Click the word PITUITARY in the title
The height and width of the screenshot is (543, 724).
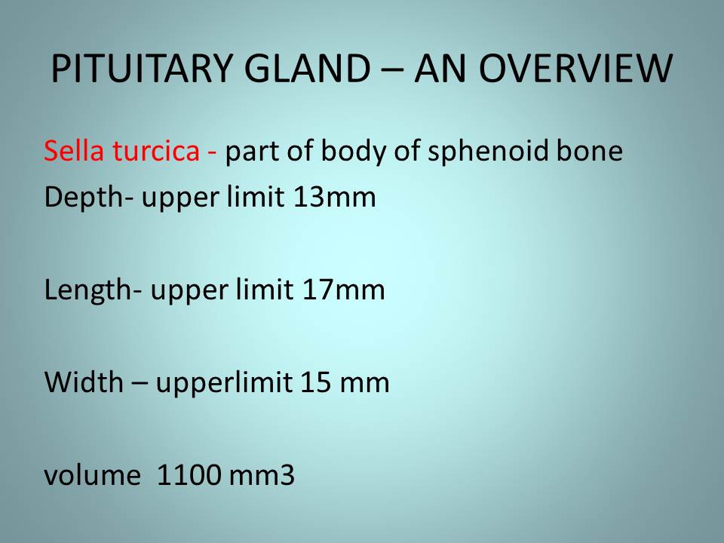click(141, 69)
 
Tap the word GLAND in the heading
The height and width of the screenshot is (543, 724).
click(307, 69)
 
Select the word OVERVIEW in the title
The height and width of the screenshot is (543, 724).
click(575, 69)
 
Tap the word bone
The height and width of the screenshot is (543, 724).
click(590, 151)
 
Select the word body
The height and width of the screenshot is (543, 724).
click(353, 151)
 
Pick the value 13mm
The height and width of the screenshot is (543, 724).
click(334, 198)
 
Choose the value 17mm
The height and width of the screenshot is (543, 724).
click(344, 290)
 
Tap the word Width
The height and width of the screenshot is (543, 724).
click(84, 382)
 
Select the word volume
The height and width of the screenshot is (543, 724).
click(92, 475)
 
